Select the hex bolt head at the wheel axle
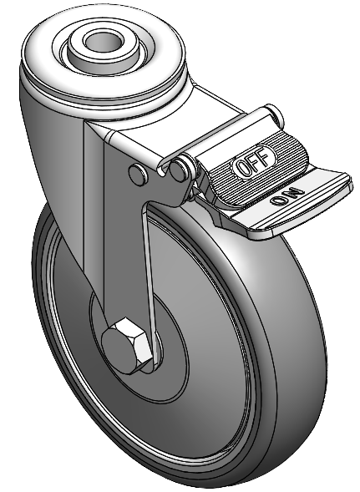[126, 345]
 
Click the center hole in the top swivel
[103, 40]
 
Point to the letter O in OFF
[244, 168]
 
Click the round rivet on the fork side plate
[138, 174]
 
